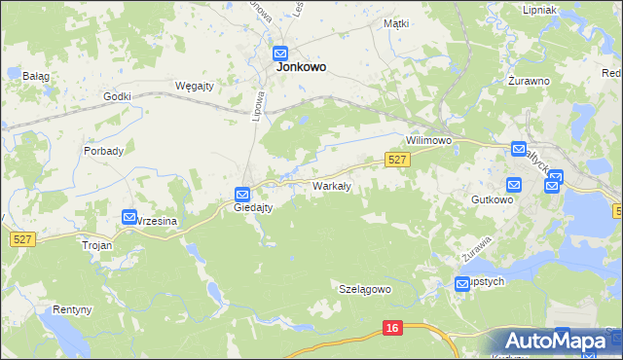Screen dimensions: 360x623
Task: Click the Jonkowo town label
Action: pos(301,67)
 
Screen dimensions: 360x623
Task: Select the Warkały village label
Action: pos(331,185)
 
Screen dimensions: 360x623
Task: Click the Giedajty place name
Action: pos(253,207)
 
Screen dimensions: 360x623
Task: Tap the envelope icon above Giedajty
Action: pos(242,194)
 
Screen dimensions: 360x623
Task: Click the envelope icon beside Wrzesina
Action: pos(129,217)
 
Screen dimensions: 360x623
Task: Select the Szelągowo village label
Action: pos(364,289)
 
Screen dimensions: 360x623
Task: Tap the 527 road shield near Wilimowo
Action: pos(396,160)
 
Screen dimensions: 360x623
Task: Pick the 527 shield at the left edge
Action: pos(21,238)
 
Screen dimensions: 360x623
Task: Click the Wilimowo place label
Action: pos(430,140)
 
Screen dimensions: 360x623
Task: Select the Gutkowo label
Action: pos(491,198)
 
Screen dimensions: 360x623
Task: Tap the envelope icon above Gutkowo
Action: pos(513,184)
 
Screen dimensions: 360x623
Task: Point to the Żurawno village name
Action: pos(530,82)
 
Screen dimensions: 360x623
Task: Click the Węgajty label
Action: pos(194,85)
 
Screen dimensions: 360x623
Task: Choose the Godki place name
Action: pos(117,95)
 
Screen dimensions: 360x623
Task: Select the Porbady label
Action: pos(103,151)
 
